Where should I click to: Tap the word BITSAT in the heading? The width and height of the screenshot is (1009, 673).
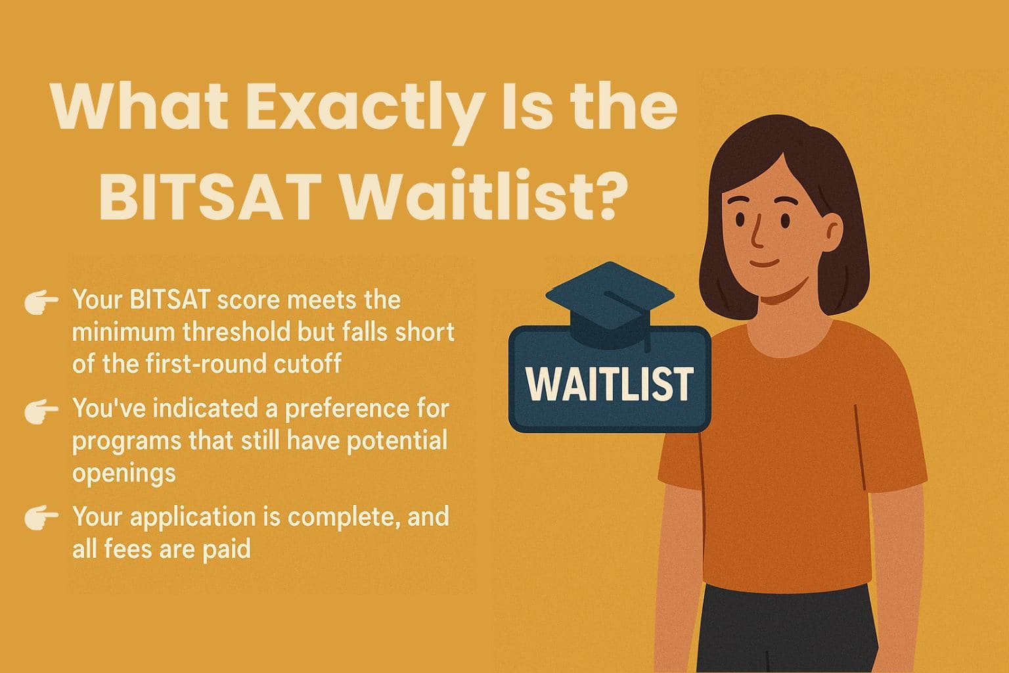point(210,195)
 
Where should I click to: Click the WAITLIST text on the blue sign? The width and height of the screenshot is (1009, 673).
point(609,384)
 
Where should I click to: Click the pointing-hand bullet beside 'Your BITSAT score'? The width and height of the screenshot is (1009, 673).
point(41,302)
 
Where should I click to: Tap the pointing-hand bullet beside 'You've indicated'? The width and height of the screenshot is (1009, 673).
point(41,411)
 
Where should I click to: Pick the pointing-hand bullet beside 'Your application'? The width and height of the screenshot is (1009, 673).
point(41,518)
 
